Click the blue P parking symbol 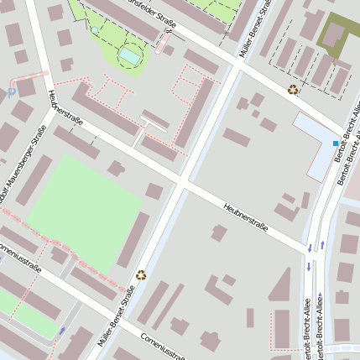pyautogui.click(x=11, y=94)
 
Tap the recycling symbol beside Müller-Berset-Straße pyautogui.click(x=141, y=274)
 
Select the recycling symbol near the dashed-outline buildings pyautogui.click(x=292, y=90)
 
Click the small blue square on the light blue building pyautogui.click(x=335, y=143)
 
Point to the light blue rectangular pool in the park pyautogui.click(x=130, y=55)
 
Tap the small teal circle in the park pyautogui.click(x=95, y=30)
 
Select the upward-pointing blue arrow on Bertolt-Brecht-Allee pyautogui.click(x=323, y=245)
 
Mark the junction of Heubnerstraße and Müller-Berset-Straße pyautogui.click(x=182, y=181)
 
